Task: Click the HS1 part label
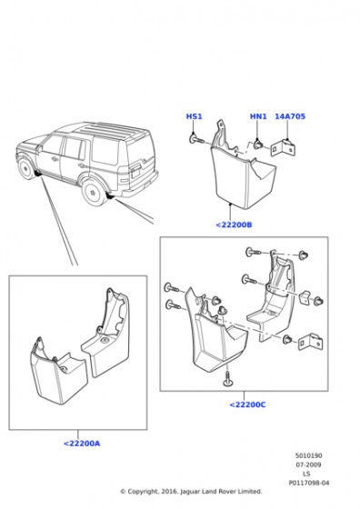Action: pos(195,116)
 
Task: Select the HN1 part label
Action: pos(258,116)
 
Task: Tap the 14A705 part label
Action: pos(290,116)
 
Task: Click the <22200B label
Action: pos(234,225)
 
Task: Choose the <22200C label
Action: pos(247,404)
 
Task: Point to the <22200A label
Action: pos(82,444)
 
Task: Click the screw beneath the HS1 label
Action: pos(196,140)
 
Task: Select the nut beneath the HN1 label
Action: pos(258,145)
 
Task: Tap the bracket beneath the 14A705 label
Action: pos(283,147)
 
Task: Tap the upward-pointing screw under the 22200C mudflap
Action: pos(227,380)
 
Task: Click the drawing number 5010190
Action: pos(308,455)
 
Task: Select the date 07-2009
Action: pos(308,464)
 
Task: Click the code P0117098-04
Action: pos(309,483)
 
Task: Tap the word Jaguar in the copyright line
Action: pos(190,492)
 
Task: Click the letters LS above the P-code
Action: pos(306,474)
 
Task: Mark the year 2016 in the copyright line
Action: pos(169,492)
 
